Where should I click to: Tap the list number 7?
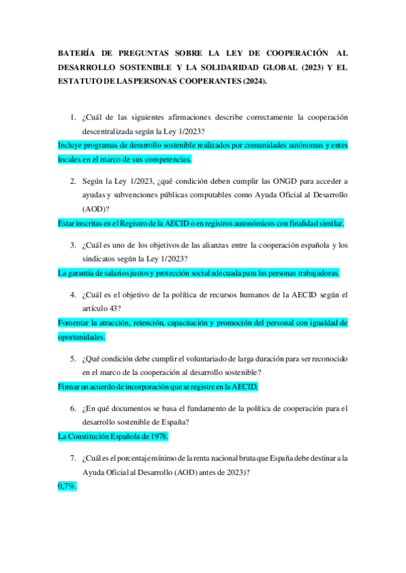(73, 458)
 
